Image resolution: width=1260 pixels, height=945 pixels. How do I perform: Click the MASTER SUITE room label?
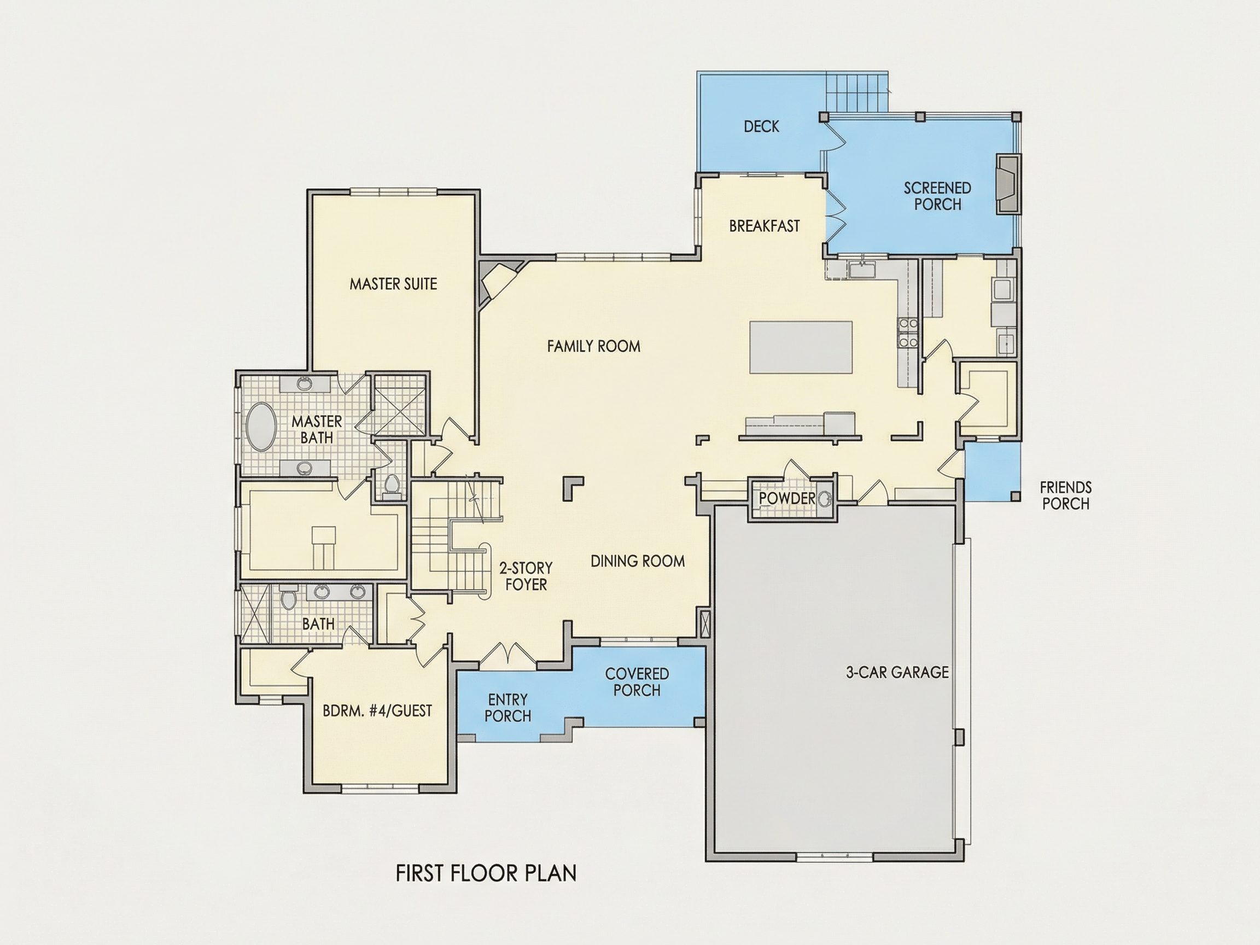393,284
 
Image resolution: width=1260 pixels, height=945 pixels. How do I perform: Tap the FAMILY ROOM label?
593,346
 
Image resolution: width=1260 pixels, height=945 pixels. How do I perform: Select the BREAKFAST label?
765,226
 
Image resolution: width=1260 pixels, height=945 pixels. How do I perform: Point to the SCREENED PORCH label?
937,196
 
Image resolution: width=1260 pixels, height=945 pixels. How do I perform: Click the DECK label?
762,126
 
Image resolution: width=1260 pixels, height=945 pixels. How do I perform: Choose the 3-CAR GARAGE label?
897,673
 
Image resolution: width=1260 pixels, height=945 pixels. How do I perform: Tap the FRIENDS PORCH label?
1065,495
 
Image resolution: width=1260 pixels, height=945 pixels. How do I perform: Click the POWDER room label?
786,498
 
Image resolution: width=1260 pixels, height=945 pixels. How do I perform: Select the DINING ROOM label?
638,561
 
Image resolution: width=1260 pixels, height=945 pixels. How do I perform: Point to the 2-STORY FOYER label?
526,576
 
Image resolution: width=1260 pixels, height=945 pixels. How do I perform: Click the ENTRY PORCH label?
507,708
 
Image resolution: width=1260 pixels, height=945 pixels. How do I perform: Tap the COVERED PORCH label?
637,682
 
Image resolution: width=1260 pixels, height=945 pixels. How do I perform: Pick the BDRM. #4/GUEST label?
377,711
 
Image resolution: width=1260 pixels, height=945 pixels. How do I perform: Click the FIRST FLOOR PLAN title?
486,873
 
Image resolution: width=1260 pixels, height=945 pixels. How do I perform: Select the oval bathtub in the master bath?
261,427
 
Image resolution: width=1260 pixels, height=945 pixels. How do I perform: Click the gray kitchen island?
801,347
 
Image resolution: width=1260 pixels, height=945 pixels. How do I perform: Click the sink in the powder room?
824,499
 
